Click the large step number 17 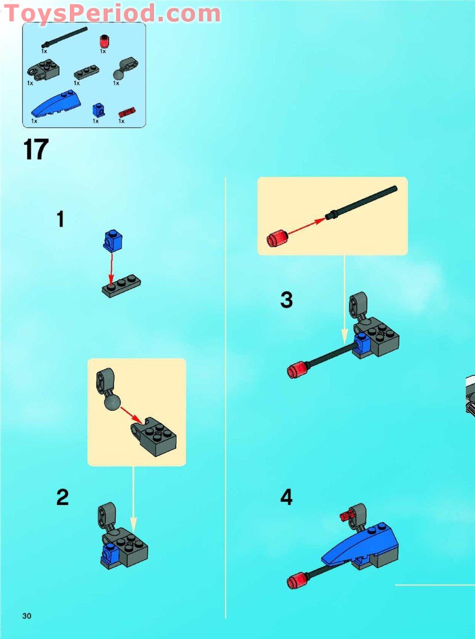[36, 150]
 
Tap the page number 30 [27, 616]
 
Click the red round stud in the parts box [103, 42]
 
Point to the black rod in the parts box [64, 36]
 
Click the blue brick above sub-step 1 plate [112, 241]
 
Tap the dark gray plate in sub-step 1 [121, 286]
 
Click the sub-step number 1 [60, 220]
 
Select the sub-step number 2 [63, 498]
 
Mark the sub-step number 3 [286, 300]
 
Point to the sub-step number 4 [286, 498]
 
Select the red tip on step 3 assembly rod [296, 371]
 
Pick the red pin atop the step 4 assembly [347, 514]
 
